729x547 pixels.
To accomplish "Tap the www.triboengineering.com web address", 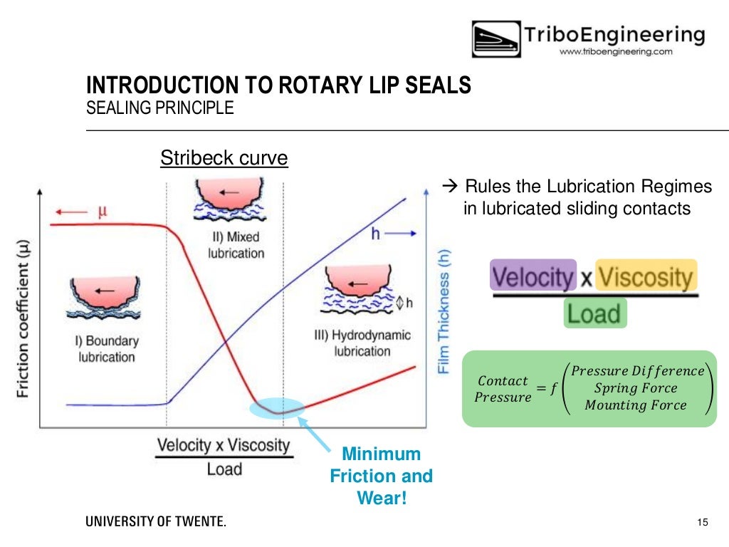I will click(616, 52).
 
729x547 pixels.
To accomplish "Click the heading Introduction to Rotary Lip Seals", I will click(278, 85).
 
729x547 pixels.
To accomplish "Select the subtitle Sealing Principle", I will click(159, 108).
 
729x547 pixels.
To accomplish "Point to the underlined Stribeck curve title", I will click(224, 157).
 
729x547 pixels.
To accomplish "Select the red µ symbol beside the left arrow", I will click(103, 212).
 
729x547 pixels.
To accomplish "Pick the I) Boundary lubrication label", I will click(107, 349).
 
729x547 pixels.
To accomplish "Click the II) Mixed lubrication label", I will click(236, 245).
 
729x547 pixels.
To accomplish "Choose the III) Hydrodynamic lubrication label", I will click(362, 343).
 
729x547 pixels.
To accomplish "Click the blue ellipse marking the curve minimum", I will click(278, 408).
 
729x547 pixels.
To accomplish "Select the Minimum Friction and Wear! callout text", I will click(381, 476).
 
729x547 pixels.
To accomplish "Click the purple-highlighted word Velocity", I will click(533, 276).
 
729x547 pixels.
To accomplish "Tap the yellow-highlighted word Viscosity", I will click(645, 276).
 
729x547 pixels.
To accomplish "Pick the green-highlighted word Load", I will click(595, 313).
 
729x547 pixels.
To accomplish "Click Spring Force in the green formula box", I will click(636, 388).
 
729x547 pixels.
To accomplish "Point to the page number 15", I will click(703, 523).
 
